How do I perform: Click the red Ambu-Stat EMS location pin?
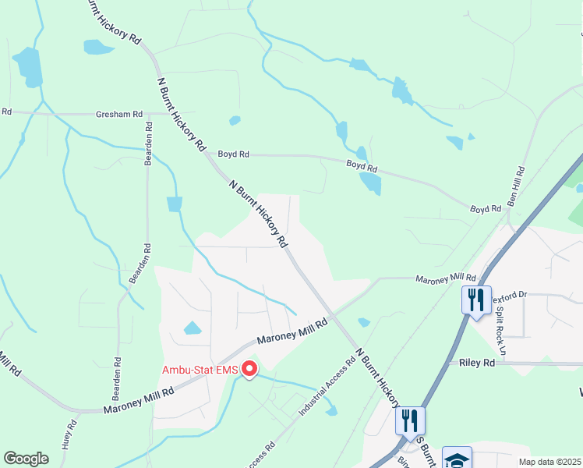pos(249,368)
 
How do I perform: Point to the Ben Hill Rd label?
pos(517,186)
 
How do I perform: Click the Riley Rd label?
pos(478,363)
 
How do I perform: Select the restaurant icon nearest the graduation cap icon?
pos(410,420)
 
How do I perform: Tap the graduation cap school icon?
pos(456,459)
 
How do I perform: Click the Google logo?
pos(26,459)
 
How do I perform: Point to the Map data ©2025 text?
pos(549,462)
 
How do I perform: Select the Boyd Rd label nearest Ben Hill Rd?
pos(485,209)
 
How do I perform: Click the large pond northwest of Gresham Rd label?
pos(27,66)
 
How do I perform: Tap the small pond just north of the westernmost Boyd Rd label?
pos(235,121)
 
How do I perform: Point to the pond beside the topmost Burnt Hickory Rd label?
pos(98,47)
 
